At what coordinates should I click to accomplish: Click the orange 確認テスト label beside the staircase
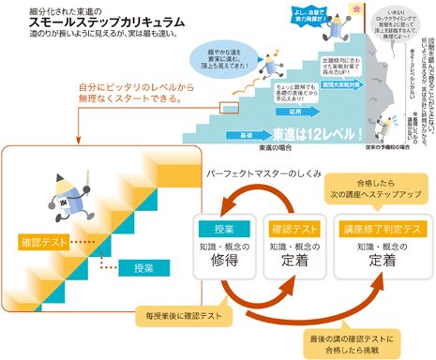tap(44, 242)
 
